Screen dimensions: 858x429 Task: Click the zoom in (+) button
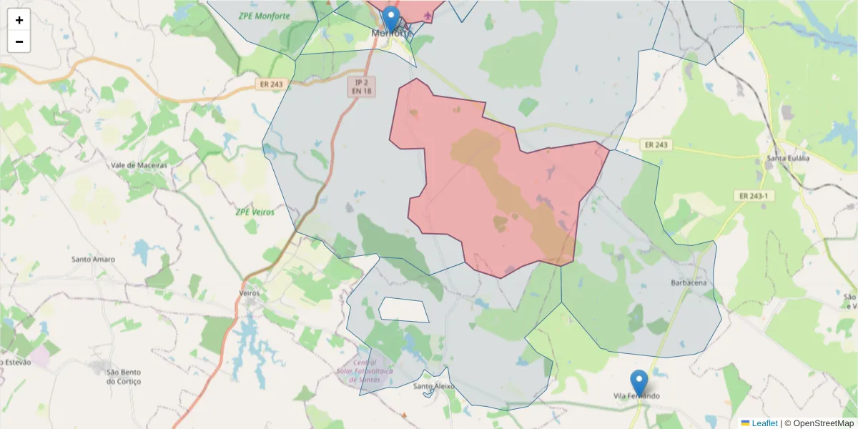click(x=19, y=20)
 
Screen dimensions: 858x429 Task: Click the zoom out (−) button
click(x=19, y=41)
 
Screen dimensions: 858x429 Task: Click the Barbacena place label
click(x=689, y=283)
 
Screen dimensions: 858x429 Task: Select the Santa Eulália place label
click(x=788, y=158)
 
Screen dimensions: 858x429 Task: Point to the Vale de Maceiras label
click(x=139, y=165)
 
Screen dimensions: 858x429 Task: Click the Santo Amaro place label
click(x=93, y=259)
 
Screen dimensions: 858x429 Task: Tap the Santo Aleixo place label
click(x=434, y=387)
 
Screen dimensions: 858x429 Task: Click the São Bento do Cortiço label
click(x=124, y=376)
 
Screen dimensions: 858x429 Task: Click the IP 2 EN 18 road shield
click(x=361, y=87)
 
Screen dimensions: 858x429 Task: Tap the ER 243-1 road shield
click(x=755, y=195)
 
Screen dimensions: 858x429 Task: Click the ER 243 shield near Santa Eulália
click(x=656, y=144)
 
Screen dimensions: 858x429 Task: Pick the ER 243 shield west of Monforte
click(x=270, y=84)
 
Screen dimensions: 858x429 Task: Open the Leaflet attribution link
click(x=764, y=423)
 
